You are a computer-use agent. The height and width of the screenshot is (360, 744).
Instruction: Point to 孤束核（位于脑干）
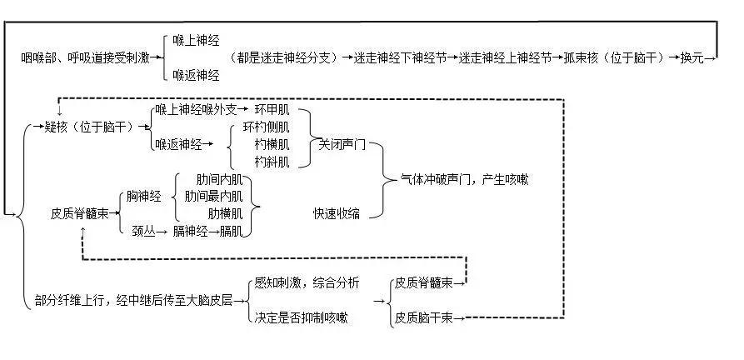tap(614, 57)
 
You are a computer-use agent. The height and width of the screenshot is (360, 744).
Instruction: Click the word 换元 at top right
tap(692, 57)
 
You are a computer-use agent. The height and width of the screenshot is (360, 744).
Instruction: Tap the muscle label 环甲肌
tap(271, 110)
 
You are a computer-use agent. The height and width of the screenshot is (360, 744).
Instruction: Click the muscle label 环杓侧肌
tap(266, 127)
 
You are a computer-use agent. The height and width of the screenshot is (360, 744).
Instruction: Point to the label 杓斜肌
tap(272, 162)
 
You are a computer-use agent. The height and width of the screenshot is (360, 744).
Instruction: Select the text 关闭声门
tap(342, 144)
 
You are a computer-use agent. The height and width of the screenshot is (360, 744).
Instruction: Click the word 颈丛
tap(143, 231)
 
